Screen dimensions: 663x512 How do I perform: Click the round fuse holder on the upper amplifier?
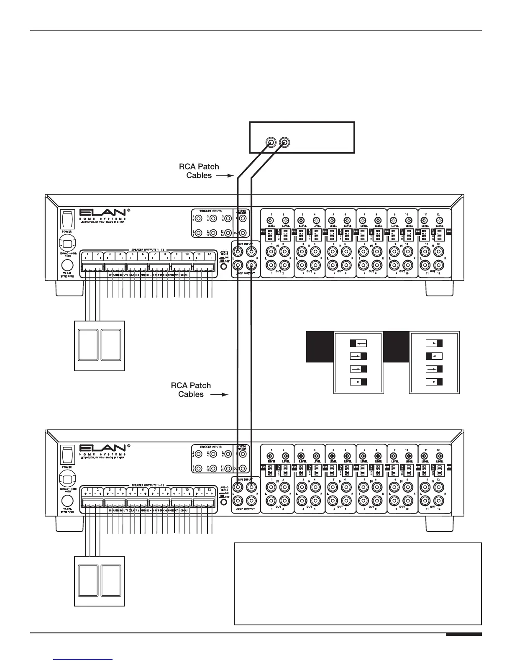(x=67, y=265)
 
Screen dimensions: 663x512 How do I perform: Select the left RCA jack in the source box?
(x=271, y=143)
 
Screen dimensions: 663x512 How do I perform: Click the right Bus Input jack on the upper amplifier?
(x=251, y=252)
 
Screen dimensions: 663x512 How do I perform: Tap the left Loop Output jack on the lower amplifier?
(x=238, y=500)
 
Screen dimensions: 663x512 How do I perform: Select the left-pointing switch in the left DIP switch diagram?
(x=358, y=343)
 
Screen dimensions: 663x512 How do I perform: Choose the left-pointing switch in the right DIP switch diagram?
(x=434, y=356)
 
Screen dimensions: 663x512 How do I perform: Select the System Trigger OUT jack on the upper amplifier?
(x=242, y=233)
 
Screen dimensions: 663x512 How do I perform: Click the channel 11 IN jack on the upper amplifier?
(x=426, y=252)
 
